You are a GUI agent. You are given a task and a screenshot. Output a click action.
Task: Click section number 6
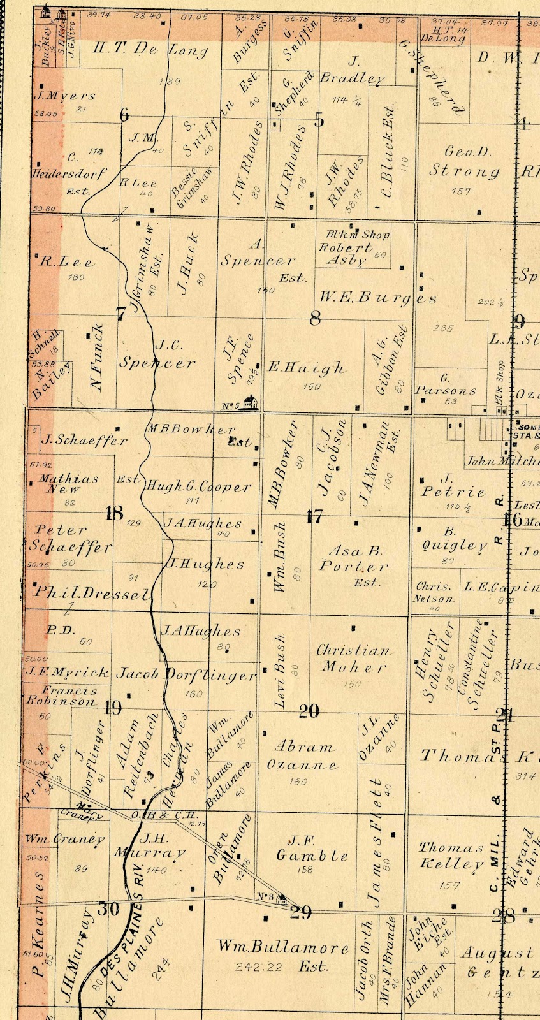click(x=124, y=115)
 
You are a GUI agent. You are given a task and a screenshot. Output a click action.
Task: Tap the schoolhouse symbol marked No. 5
click(x=252, y=403)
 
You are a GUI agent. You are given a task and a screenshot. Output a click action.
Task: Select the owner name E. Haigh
click(x=306, y=368)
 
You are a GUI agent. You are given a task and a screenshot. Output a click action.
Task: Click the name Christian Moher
click(x=353, y=659)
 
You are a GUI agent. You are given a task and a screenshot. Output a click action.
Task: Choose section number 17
click(x=314, y=516)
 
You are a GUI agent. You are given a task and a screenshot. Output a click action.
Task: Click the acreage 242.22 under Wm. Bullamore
click(x=258, y=967)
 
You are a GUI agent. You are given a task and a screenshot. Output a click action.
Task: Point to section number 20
click(x=309, y=710)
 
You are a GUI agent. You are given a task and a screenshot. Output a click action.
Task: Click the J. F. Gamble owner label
click(x=312, y=848)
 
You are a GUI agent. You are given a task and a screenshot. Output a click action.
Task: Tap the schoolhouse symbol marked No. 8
click(x=281, y=899)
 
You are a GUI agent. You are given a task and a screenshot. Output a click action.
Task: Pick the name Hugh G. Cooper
click(x=199, y=487)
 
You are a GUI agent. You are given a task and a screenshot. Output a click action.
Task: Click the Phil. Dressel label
click(x=92, y=592)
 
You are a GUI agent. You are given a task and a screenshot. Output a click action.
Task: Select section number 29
click(x=301, y=912)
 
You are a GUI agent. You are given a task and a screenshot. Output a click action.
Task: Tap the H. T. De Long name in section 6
click(x=150, y=50)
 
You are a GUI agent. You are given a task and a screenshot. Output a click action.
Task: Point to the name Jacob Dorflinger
click(x=186, y=674)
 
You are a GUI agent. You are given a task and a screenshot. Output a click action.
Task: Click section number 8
click(x=314, y=316)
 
